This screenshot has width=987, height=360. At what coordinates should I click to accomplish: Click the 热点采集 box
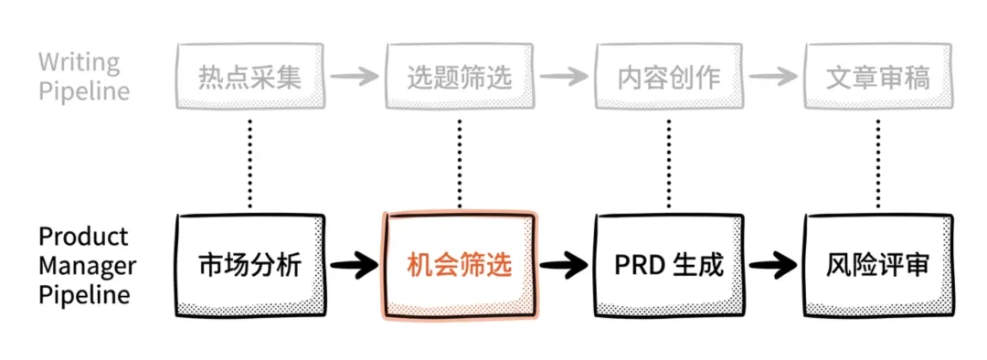click(249, 78)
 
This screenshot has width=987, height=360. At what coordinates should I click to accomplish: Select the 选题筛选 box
click(459, 78)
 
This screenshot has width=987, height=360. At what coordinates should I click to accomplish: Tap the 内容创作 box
click(669, 78)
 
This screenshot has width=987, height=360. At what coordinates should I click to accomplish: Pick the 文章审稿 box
click(878, 78)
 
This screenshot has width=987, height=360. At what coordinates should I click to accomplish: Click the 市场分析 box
click(249, 266)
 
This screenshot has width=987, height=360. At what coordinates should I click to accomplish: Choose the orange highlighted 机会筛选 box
click(460, 266)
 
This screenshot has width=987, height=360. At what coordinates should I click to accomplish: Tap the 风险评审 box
click(878, 266)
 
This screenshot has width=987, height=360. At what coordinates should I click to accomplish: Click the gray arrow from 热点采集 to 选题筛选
click(354, 77)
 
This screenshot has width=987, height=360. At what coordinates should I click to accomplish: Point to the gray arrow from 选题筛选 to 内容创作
click(564, 77)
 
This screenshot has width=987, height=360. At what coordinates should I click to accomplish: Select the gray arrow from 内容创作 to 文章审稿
click(773, 77)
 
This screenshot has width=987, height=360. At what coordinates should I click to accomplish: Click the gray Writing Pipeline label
click(82, 77)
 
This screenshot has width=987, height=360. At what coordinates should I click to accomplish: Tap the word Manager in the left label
click(87, 266)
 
